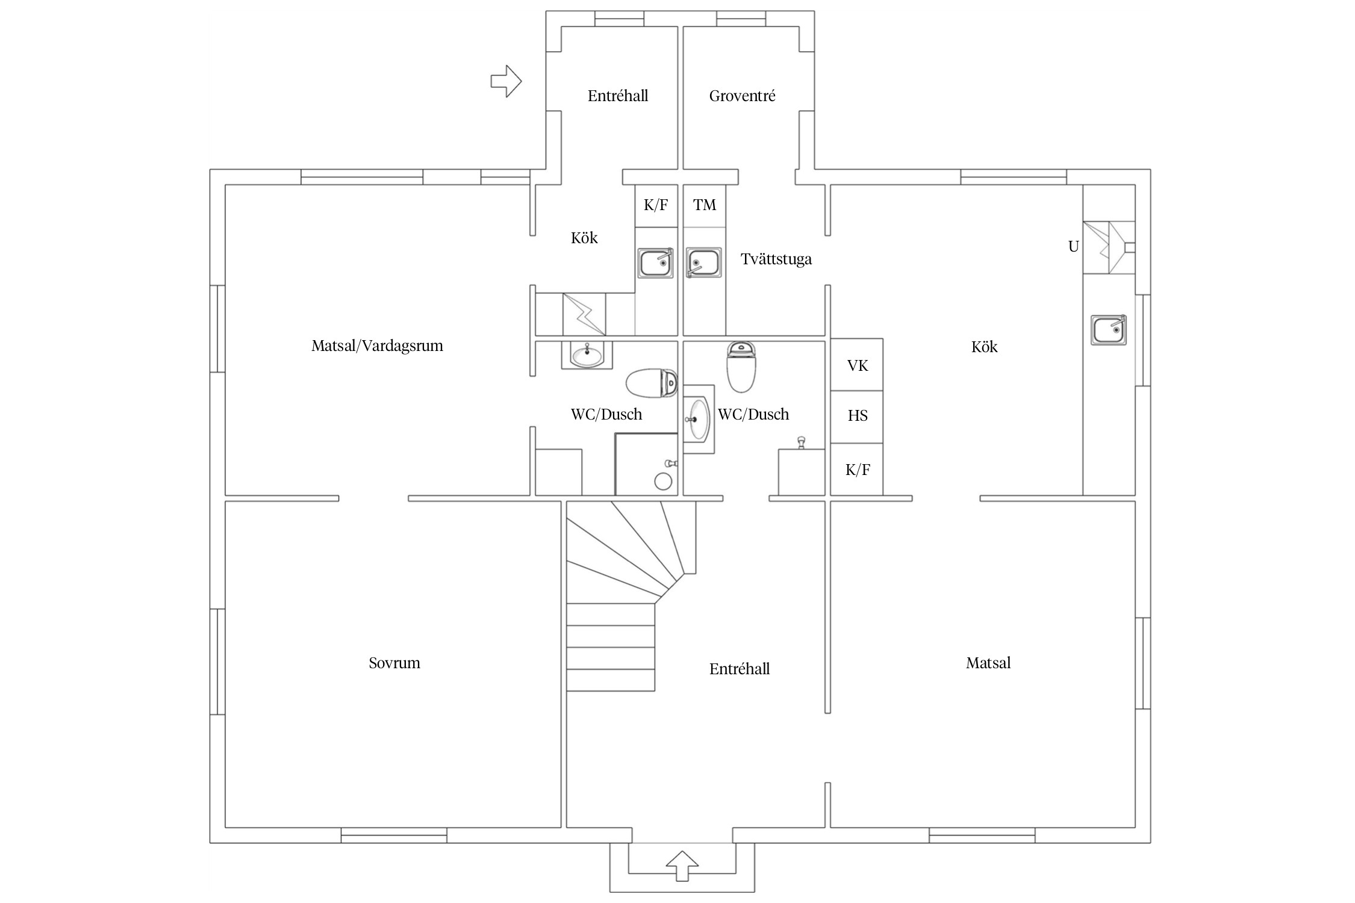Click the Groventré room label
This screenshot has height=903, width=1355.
tap(742, 96)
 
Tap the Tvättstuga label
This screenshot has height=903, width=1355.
tap(776, 259)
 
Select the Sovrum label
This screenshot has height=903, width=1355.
tap(394, 663)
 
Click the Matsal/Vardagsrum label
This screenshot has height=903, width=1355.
tap(377, 346)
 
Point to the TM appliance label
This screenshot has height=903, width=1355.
tap(705, 205)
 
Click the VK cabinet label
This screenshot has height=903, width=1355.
tap(858, 365)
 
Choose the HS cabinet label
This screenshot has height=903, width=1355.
tap(858, 415)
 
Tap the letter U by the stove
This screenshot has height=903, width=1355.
tap(1073, 246)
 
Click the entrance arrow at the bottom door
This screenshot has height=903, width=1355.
tap(682, 866)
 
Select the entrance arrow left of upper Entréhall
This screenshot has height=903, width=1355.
tap(506, 81)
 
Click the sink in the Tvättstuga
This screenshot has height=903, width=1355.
tap(703, 263)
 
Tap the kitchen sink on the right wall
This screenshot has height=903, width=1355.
tap(1109, 330)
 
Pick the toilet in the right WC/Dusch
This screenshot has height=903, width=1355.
tap(742, 366)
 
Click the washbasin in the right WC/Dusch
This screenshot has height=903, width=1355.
tap(698, 419)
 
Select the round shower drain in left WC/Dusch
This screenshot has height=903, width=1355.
tap(663, 482)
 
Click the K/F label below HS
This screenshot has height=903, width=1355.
tap(858, 470)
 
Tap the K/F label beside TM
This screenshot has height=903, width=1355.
tap(656, 205)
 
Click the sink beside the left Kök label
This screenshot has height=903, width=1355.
tap(656, 263)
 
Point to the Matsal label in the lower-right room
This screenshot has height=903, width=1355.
tap(988, 663)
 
